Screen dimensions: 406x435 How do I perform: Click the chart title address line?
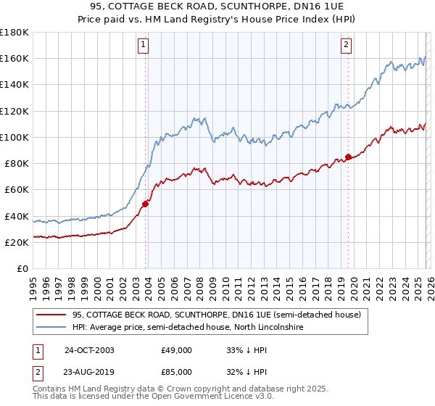[217, 6]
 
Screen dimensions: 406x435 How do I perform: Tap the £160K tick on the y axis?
[14, 59]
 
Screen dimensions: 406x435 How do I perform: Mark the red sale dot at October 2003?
[146, 204]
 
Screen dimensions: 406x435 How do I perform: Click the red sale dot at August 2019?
[349, 157]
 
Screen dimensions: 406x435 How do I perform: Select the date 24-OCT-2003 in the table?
[89, 350]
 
